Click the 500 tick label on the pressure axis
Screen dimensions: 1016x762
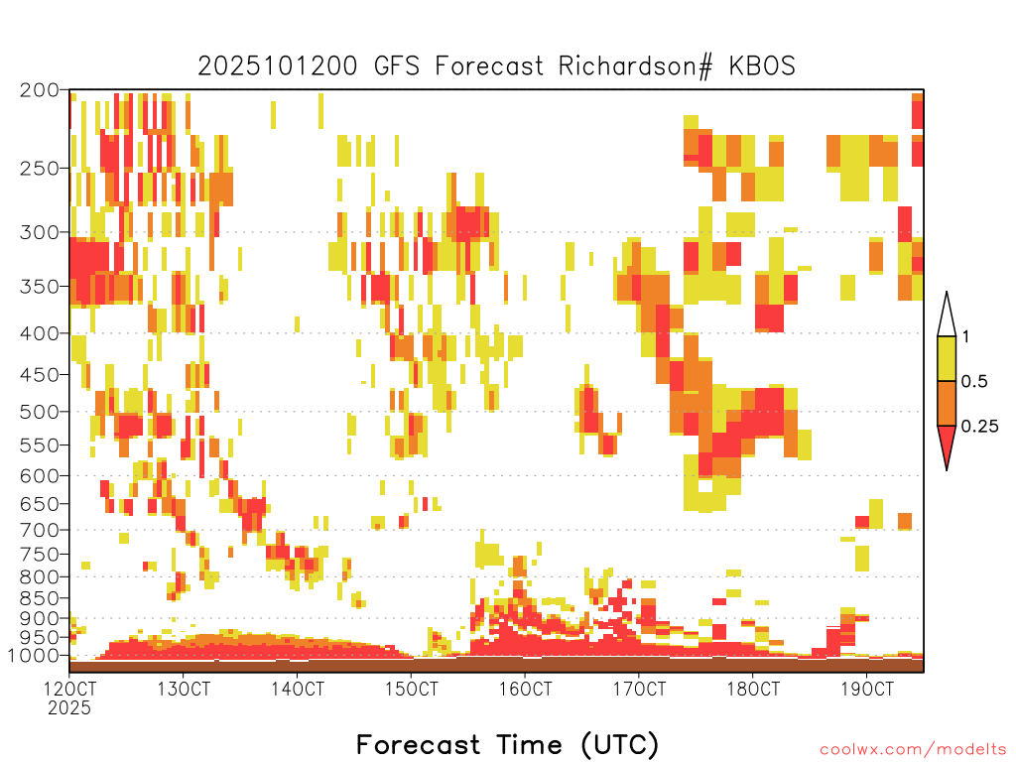(x=40, y=412)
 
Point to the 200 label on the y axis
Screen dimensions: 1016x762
(x=40, y=90)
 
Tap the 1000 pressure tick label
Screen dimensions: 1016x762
(x=34, y=656)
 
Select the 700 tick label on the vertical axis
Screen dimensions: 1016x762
(x=40, y=530)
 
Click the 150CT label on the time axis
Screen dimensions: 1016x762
(x=412, y=689)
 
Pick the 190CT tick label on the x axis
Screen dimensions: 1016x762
(x=867, y=689)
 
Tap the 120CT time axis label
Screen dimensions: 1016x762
(x=69, y=689)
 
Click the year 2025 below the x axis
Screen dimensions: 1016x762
(x=69, y=708)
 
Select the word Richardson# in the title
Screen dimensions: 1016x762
(x=635, y=66)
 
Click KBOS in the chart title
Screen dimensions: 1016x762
(x=762, y=66)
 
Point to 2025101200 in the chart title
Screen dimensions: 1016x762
(x=278, y=66)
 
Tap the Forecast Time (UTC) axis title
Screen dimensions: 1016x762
(x=507, y=744)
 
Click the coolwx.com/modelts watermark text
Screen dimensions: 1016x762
(x=913, y=750)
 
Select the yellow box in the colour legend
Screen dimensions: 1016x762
(x=947, y=358)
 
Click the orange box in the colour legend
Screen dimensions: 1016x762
(x=947, y=403)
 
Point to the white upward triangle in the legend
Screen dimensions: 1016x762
(x=947, y=315)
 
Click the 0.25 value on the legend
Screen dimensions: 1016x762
(x=979, y=426)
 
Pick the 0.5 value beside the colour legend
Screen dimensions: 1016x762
(x=974, y=381)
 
